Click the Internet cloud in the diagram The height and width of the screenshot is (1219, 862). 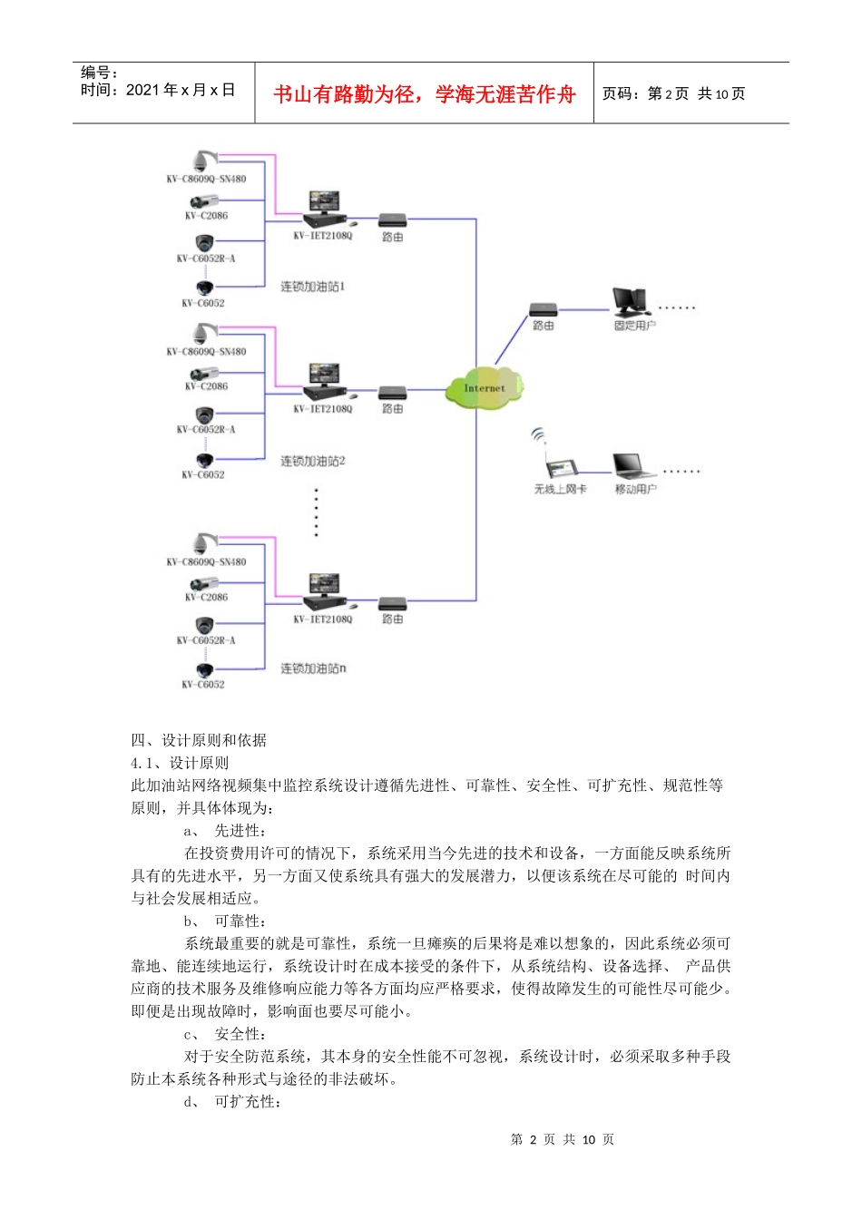tap(485, 388)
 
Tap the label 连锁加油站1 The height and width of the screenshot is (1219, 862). tap(312, 287)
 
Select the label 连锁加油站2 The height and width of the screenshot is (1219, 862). tap(312, 461)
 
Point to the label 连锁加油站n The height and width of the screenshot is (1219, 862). tap(312, 668)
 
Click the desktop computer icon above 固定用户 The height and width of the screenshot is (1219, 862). tap(629, 302)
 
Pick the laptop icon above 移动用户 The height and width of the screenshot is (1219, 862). tap(633, 466)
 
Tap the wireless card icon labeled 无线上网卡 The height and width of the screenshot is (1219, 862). tap(560, 467)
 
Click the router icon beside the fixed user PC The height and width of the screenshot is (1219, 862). tap(544, 310)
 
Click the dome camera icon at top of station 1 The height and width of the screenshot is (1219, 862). tap(203, 161)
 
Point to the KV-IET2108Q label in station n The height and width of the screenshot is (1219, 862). tap(322, 619)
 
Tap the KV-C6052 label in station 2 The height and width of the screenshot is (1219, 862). tap(203, 474)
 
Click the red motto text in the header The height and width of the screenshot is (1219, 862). tap(425, 94)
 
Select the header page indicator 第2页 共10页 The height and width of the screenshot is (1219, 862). tap(673, 94)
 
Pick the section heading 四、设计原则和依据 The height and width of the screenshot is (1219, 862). tap(199, 740)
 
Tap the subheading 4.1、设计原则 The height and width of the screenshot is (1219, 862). tap(181, 763)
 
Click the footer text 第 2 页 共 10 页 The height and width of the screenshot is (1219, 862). tap(563, 1139)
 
